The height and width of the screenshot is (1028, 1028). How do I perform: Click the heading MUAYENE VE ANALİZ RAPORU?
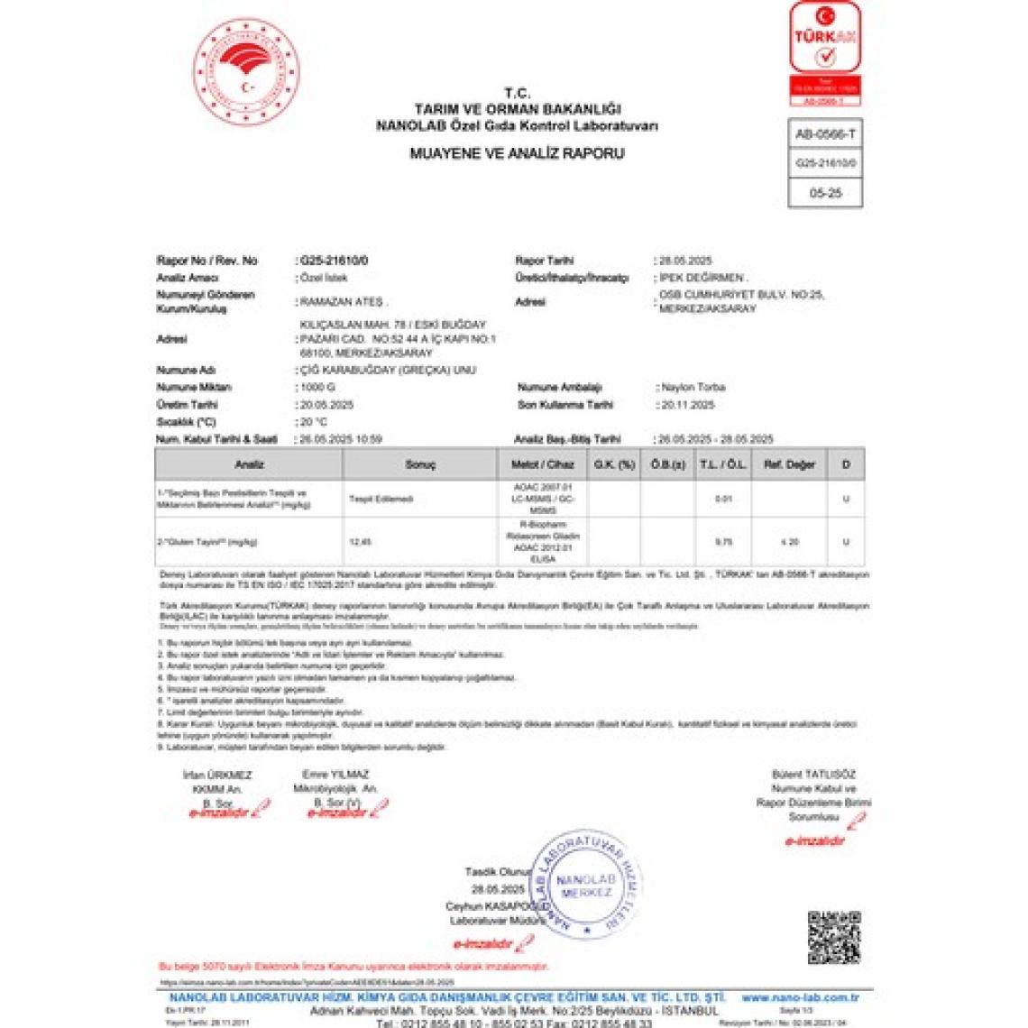tap(517, 153)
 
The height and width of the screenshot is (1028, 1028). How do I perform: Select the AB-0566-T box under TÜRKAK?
tap(825, 134)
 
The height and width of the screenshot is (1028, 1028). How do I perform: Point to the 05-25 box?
tap(825, 193)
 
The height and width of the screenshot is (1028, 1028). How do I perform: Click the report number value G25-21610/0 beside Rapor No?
tap(335, 261)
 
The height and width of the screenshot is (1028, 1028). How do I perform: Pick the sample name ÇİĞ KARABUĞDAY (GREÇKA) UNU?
tap(388, 371)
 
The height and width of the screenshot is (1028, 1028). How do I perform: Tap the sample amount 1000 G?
tap(317, 388)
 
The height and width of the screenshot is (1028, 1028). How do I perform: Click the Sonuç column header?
tap(420, 464)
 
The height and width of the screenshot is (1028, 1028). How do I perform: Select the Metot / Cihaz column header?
tap(542, 464)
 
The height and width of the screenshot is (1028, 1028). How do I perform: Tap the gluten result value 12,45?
tap(360, 542)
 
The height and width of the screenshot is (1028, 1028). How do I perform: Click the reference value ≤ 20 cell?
tap(790, 542)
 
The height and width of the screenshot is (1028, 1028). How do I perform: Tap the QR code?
tap(833, 937)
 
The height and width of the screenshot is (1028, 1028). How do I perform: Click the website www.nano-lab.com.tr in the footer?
tap(800, 997)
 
